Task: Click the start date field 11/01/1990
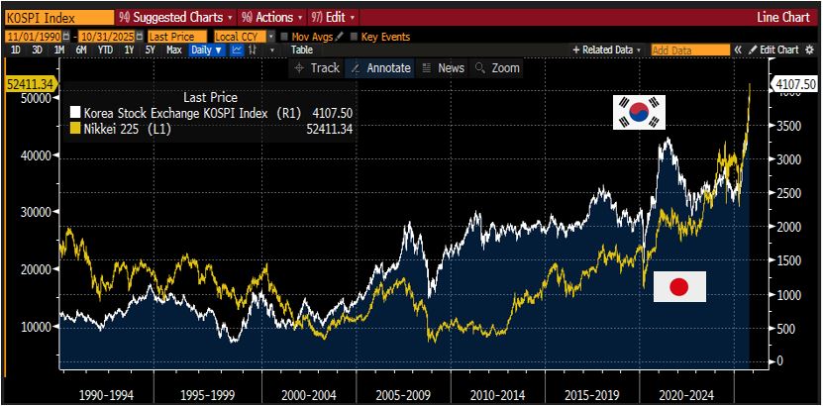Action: coord(31,37)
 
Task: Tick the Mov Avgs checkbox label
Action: coord(313,37)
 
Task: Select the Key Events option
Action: coord(383,37)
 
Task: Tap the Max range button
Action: coord(173,50)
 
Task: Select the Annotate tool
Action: coord(381,68)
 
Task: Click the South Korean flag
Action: coord(639,112)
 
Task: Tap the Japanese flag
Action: coord(679,286)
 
